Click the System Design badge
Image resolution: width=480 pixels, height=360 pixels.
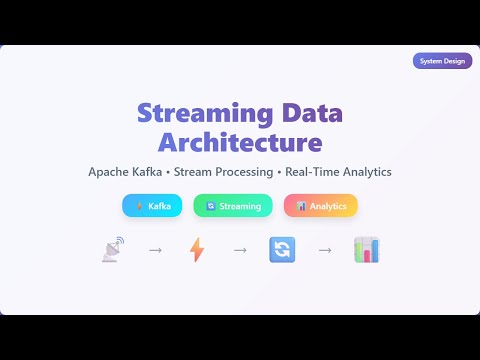point(442,61)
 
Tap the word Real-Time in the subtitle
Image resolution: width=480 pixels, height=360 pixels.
point(313,172)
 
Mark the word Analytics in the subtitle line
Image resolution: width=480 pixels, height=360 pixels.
point(366,172)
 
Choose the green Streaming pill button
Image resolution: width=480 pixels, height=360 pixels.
point(233,206)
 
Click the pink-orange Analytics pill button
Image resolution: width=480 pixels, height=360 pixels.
point(321,206)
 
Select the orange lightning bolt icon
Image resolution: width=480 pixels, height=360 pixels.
point(197,250)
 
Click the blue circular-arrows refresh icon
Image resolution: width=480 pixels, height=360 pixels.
point(282,250)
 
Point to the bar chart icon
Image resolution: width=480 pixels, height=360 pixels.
point(366,250)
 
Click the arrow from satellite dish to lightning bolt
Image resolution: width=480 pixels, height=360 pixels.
point(155,250)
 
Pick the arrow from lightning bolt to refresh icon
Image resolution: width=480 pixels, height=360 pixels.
point(240,250)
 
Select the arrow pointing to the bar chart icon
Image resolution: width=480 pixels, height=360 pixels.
point(325,250)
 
